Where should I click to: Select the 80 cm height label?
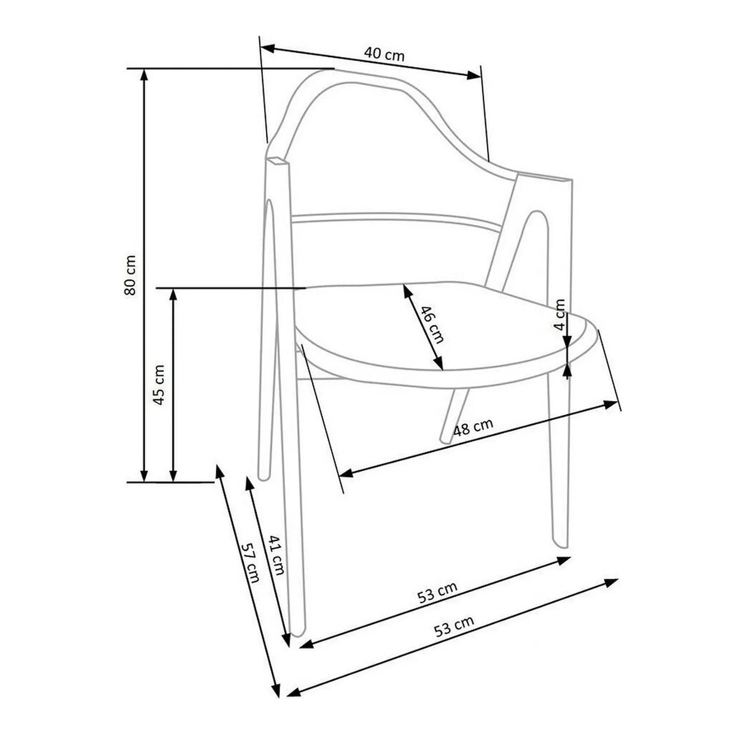130,275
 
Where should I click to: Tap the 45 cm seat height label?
158,384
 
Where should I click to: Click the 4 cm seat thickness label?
560,314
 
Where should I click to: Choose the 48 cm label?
473,426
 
